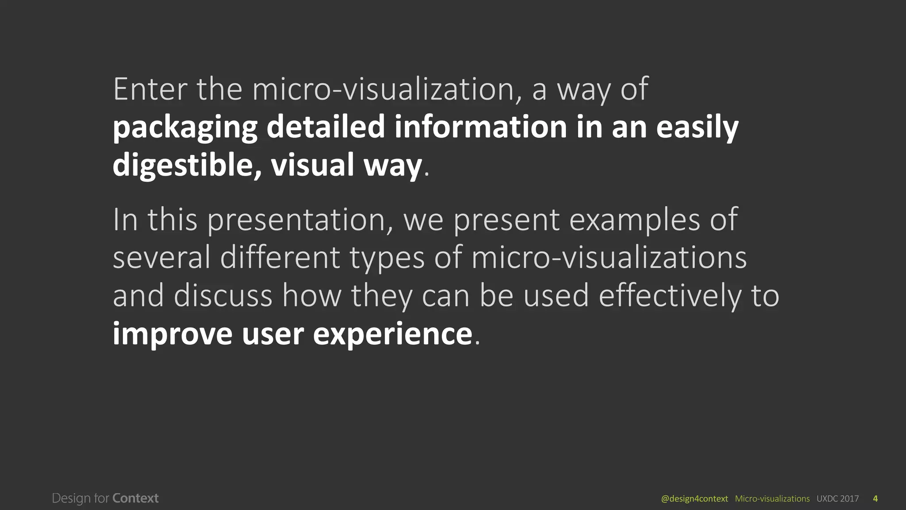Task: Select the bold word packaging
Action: pyautogui.click(x=185, y=128)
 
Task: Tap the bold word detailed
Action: pyautogui.click(x=326, y=127)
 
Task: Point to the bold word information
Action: pyautogui.click(x=480, y=127)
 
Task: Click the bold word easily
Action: pyautogui.click(x=697, y=128)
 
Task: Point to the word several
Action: pyautogui.click(x=161, y=258)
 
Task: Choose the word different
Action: pyautogui.click(x=280, y=258)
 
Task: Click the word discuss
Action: pyautogui.click(x=223, y=296)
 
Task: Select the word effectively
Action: pyautogui.click(x=669, y=296)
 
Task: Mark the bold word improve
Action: pyautogui.click(x=172, y=335)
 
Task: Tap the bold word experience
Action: pyautogui.click(x=393, y=335)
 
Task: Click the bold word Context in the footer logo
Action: pyautogui.click(x=135, y=498)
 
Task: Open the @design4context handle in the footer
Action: pyautogui.click(x=694, y=499)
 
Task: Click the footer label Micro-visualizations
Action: pyautogui.click(x=772, y=499)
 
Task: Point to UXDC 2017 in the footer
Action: pyautogui.click(x=837, y=499)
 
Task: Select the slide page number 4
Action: pyautogui.click(x=875, y=499)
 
